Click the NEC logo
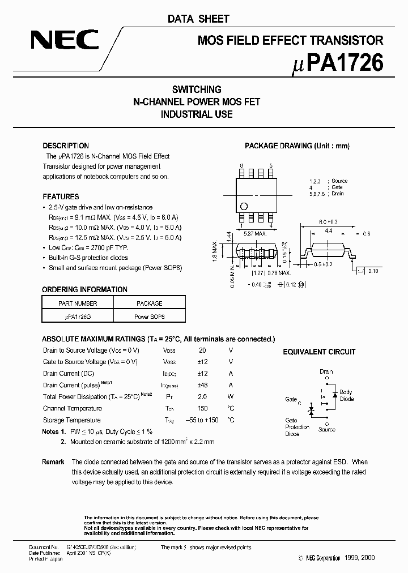(x=65, y=40)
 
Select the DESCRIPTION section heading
(x=66, y=146)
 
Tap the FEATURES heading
(x=61, y=196)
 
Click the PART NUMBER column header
(x=78, y=303)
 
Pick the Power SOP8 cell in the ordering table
(x=150, y=317)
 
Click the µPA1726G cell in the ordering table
(x=78, y=317)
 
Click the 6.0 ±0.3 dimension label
(x=328, y=222)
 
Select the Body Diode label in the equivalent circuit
(x=346, y=395)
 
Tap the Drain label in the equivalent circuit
(x=326, y=372)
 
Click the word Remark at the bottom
(x=53, y=462)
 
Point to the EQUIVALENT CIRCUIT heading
(x=319, y=352)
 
